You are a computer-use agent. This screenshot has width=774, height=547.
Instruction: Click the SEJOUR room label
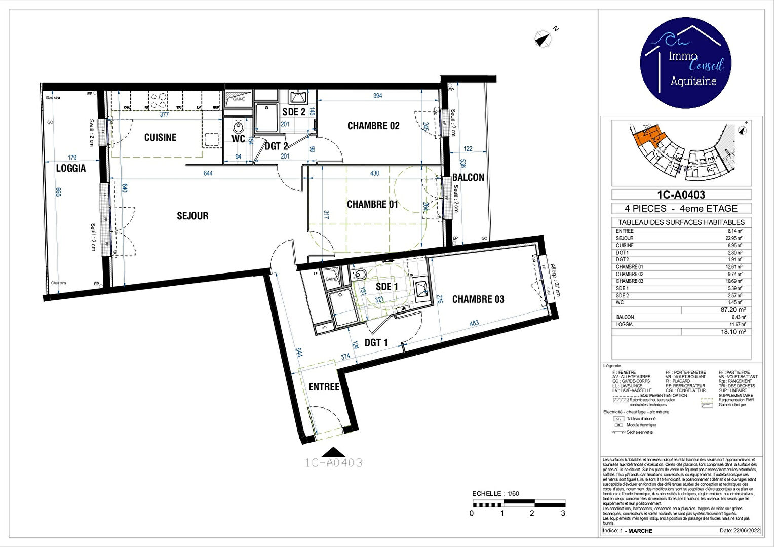pyautogui.click(x=192, y=216)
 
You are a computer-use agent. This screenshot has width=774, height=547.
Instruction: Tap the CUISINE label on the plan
pyautogui.click(x=160, y=137)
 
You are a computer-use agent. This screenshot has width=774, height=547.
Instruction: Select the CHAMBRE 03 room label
pyautogui.click(x=478, y=299)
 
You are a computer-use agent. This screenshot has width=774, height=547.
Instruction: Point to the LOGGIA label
pyautogui.click(x=71, y=168)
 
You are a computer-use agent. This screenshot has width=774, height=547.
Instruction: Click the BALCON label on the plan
pyautogui.click(x=468, y=177)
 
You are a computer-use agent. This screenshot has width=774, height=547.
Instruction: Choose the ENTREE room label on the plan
pyautogui.click(x=324, y=387)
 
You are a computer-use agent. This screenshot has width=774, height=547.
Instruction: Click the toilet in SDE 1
pyautogui.click(x=360, y=275)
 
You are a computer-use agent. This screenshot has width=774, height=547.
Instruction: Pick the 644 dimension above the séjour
pyautogui.click(x=208, y=173)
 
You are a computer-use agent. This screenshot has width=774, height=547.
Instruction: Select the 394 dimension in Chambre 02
pyautogui.click(x=377, y=96)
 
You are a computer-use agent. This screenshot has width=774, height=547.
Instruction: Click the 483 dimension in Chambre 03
pyautogui.click(x=474, y=323)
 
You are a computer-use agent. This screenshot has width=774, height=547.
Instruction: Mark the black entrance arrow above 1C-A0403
pyautogui.click(x=334, y=452)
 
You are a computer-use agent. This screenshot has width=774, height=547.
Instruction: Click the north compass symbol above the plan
pyautogui.click(x=543, y=38)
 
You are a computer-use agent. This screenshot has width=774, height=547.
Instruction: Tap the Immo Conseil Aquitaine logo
pyautogui.click(x=685, y=62)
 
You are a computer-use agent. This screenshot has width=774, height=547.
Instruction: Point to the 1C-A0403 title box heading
pyautogui.click(x=681, y=194)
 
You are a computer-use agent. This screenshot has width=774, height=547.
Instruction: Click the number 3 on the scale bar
pyautogui.click(x=563, y=513)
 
